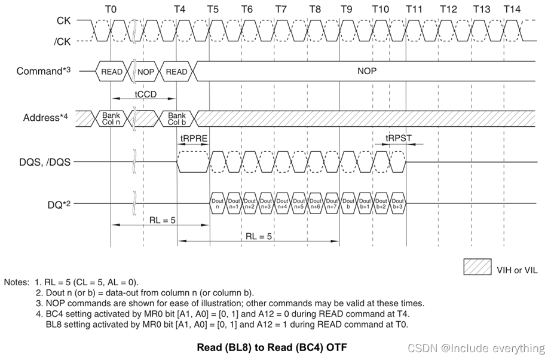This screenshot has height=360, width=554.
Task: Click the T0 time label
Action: pyautogui.click(x=111, y=9)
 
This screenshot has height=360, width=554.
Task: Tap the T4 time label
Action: pyautogui.click(x=179, y=9)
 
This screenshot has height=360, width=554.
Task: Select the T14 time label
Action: pyautogui.click(x=512, y=9)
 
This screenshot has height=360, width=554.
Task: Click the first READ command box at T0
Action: pyautogui.click(x=111, y=72)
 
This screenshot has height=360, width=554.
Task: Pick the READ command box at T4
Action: pyautogui.click(x=176, y=72)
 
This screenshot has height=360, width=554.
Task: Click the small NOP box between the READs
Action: pyautogui.click(x=145, y=72)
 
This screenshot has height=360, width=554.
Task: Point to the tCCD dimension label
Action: pyautogui.click(x=145, y=94)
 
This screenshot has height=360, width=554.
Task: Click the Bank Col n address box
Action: pyautogui.click(x=111, y=118)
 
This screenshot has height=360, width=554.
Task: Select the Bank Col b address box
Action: pyautogui.click(x=177, y=118)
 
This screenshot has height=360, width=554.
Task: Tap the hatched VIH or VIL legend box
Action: pyautogui.click(x=478, y=267)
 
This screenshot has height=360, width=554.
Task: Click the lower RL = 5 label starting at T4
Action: pyautogui.click(x=259, y=236)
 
